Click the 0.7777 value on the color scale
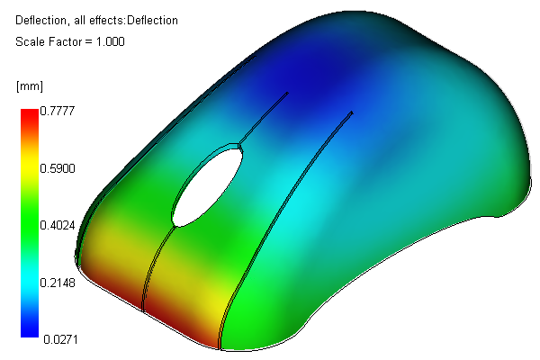click(58, 111)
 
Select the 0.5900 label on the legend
click(58, 168)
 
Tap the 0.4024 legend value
click(58, 225)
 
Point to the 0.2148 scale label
click(58, 283)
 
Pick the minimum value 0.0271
click(60, 339)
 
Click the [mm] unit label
click(30, 86)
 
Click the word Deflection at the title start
click(40, 21)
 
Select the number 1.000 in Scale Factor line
click(110, 41)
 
